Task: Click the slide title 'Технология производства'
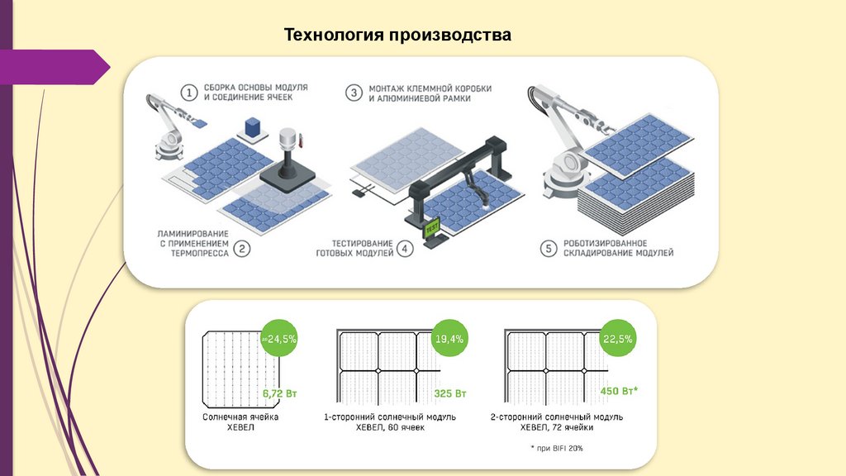397,36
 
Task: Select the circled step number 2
242,248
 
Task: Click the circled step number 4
404,248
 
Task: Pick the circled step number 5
548,248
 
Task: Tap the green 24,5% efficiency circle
279,338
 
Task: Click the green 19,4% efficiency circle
450,338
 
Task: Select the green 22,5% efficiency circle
618,338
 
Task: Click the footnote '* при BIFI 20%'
557,448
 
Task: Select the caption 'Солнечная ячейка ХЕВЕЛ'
240,422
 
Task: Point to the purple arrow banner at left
54,66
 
